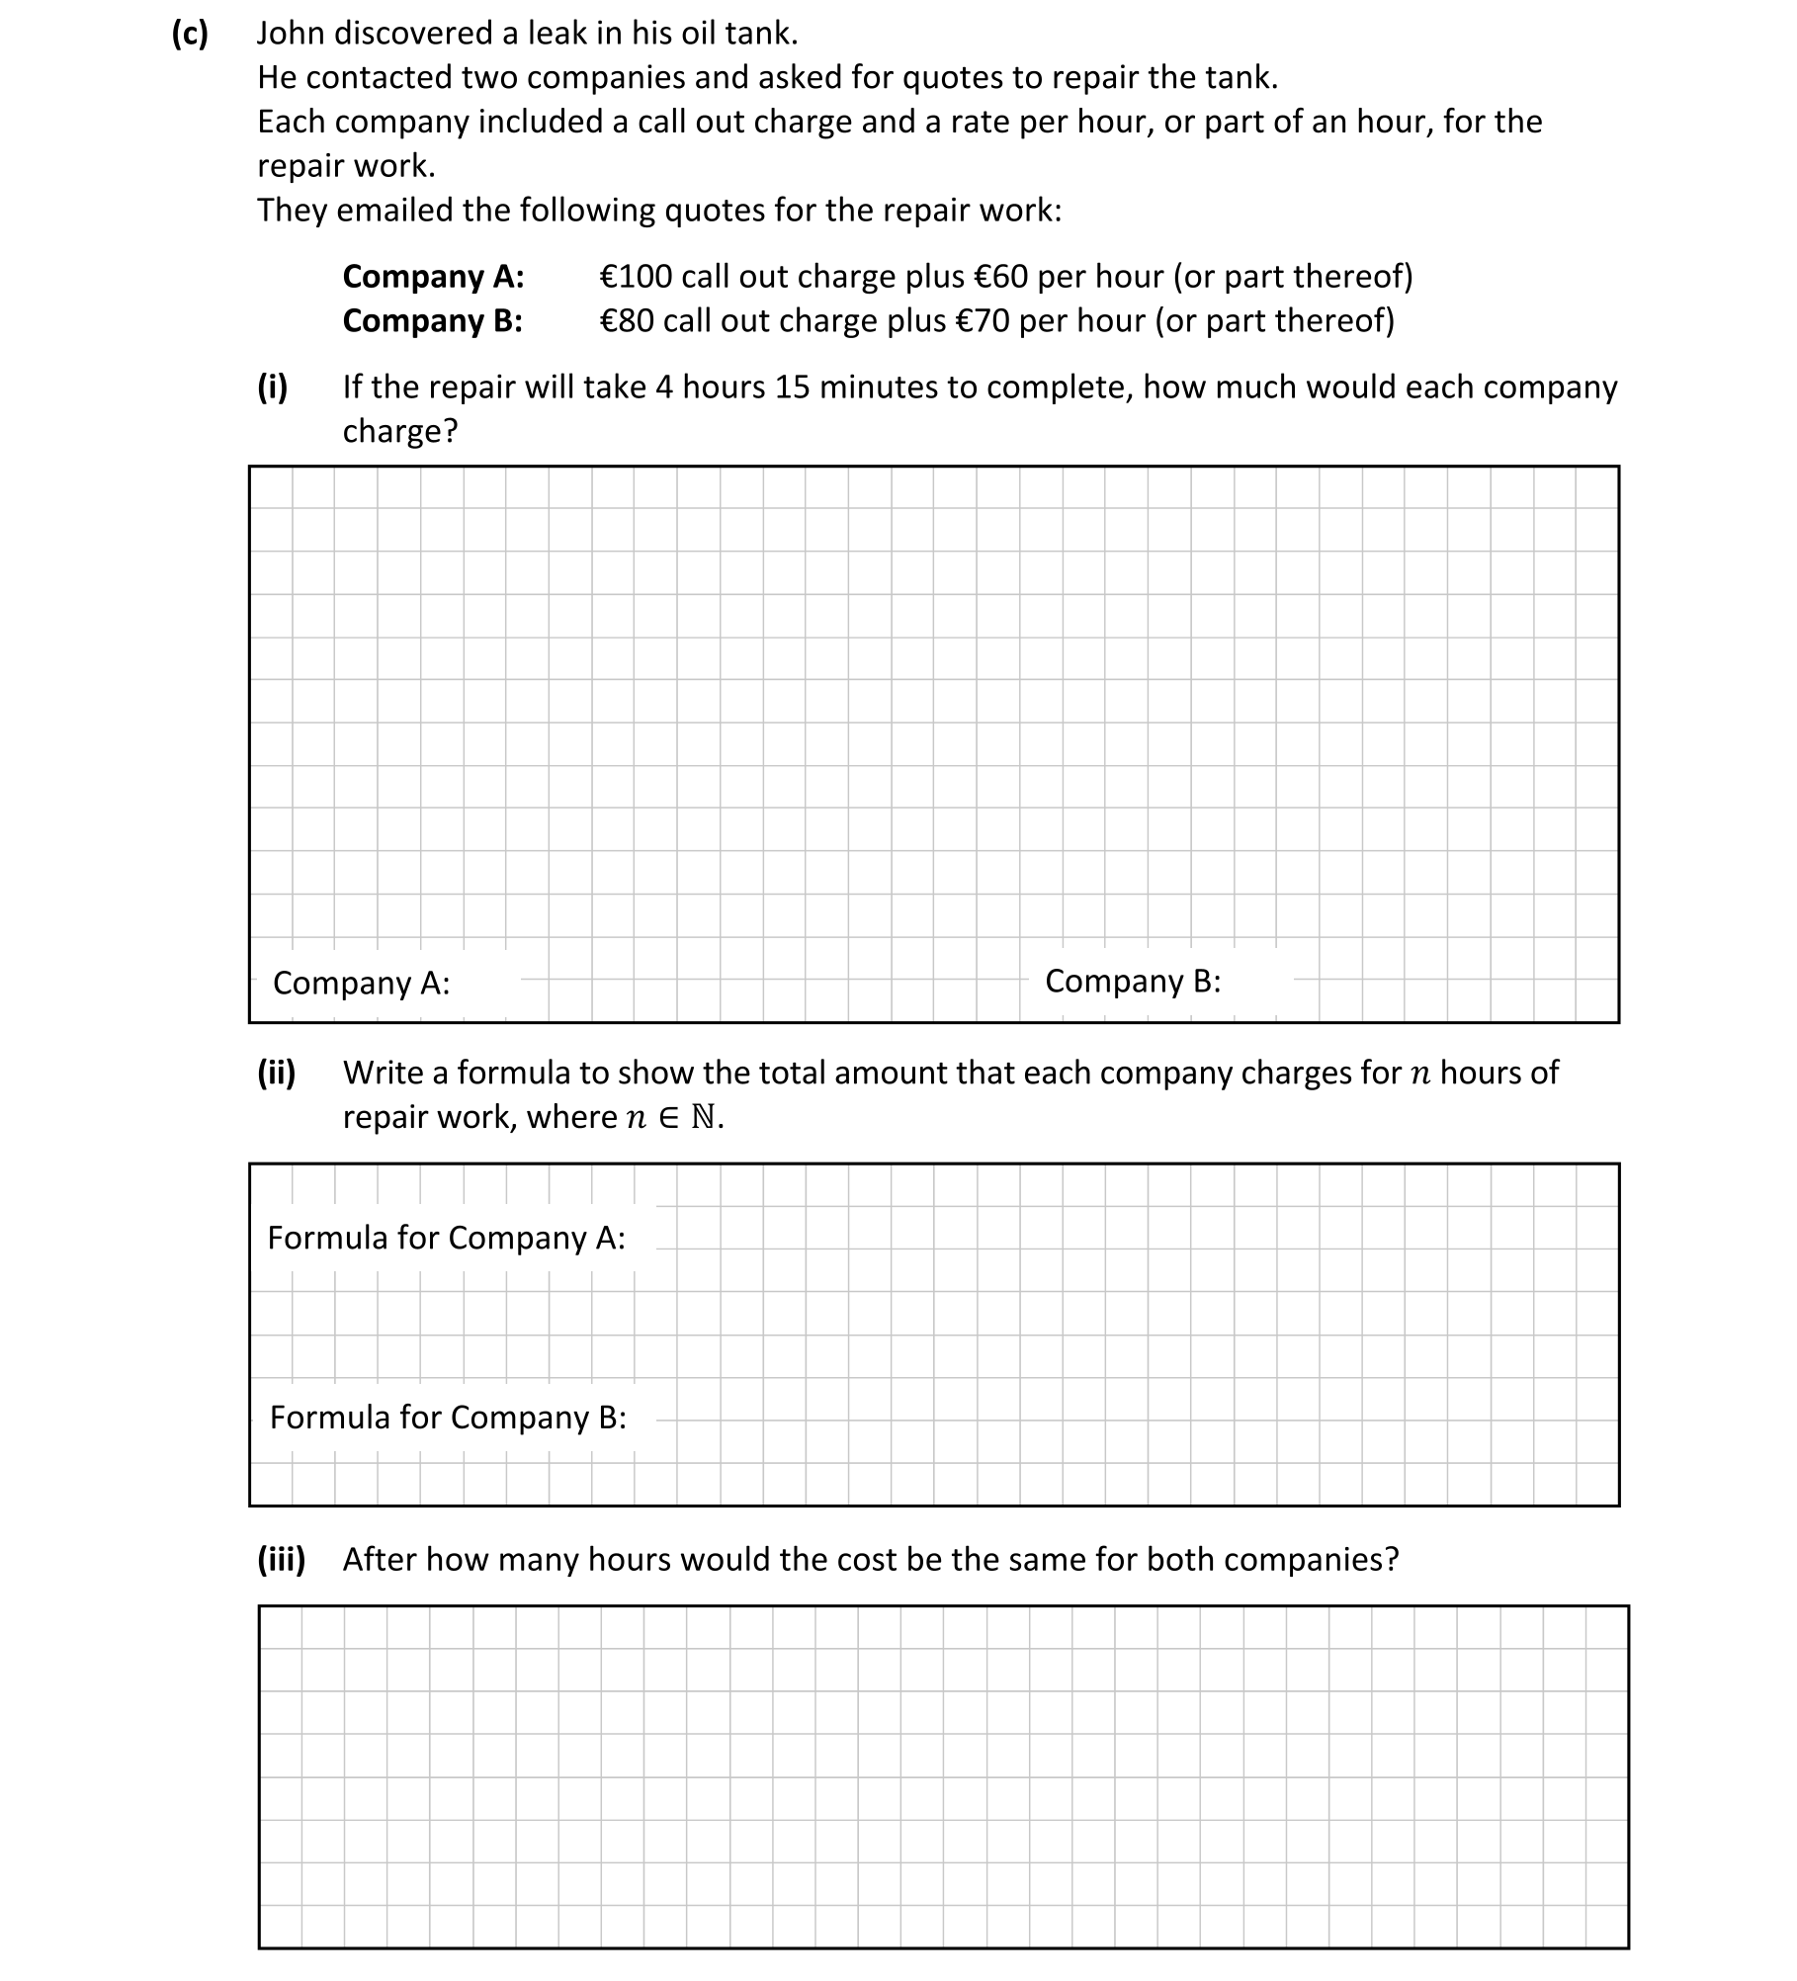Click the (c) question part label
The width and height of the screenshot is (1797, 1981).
coord(190,34)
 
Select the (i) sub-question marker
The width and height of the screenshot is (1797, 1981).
coord(273,387)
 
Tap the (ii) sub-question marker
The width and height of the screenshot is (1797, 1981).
coord(277,1073)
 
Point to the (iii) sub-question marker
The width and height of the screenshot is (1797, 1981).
coord(282,1560)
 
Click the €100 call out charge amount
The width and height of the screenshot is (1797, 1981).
coord(636,277)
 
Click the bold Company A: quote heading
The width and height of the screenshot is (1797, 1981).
coord(433,277)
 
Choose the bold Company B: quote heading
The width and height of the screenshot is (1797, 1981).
coord(432,321)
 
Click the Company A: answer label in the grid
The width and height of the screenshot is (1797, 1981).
coord(361,984)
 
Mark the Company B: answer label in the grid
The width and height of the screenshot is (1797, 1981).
coord(1133,982)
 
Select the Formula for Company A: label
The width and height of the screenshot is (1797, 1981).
coord(446,1238)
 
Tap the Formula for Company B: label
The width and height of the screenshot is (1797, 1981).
coord(448,1418)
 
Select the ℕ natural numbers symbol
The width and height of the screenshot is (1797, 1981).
coord(703,1117)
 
